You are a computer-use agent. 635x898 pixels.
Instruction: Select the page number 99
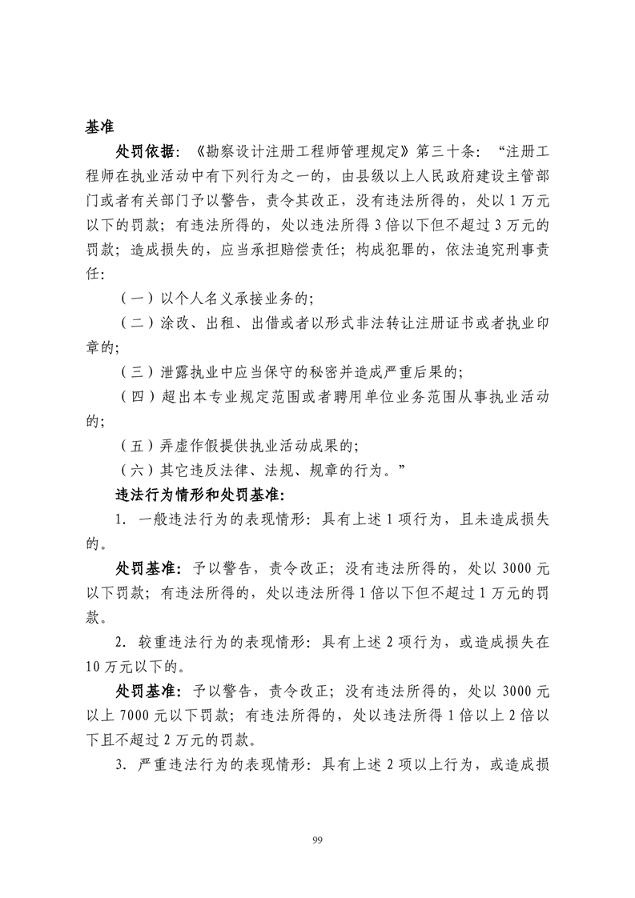[x=317, y=839]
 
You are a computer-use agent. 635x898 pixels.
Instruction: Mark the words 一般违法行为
[x=183, y=519]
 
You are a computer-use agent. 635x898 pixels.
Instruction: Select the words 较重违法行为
[x=183, y=642]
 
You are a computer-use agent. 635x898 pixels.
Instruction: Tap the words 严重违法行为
[x=183, y=764]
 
